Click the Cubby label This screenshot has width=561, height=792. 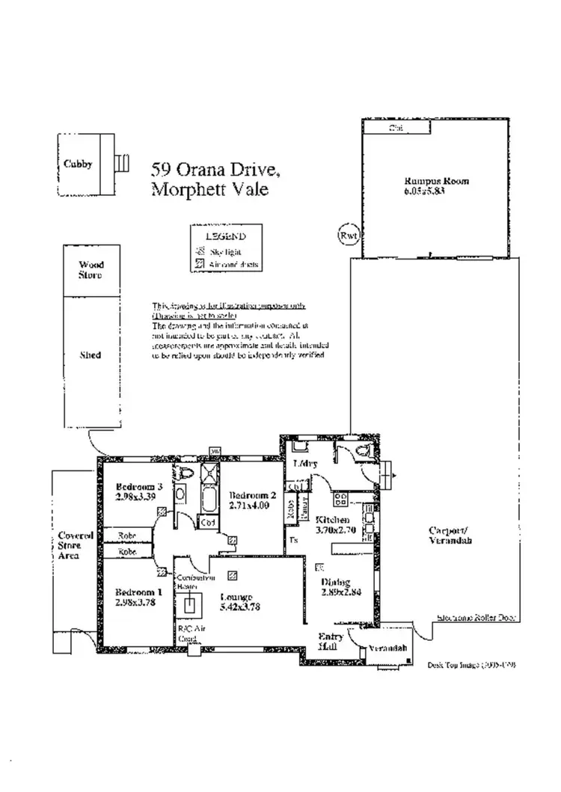78,165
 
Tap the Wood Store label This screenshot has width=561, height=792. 91,270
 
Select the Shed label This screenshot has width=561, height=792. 91,355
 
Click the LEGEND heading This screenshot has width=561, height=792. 227,236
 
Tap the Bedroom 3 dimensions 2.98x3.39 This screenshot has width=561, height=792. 136,495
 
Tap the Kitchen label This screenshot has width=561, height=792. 332,520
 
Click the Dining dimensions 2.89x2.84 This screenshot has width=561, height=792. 341,592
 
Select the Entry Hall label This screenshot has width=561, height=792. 330,639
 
